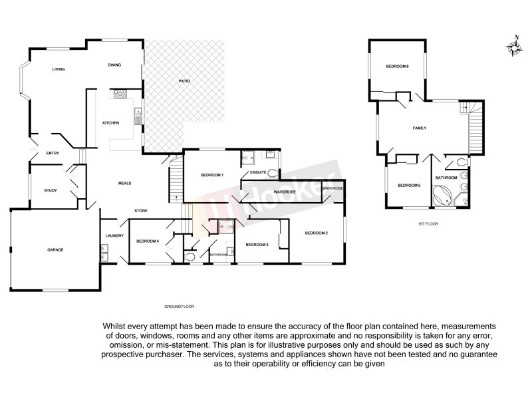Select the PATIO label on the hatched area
tap(184, 81)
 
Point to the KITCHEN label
tap(110, 124)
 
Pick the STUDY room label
tap(51, 191)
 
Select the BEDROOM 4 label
tap(147, 241)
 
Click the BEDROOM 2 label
tap(317, 233)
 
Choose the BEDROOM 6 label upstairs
tap(397, 66)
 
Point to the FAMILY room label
tap(419, 128)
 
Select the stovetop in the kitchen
tap(120, 94)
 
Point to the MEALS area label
tap(124, 184)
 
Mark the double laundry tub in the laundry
tap(104, 252)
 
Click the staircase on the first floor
tap(474, 128)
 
